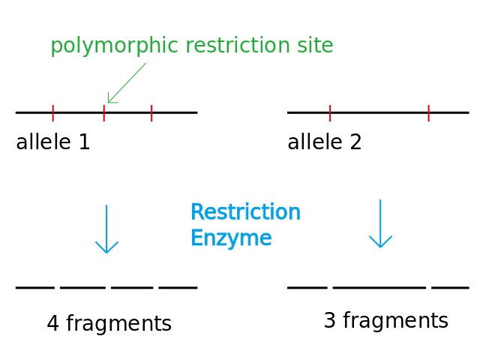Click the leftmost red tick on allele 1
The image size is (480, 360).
[53, 112]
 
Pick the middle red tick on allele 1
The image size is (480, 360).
[104, 112]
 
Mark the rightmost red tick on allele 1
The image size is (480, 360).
[151, 112]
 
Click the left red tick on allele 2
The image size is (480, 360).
[330, 112]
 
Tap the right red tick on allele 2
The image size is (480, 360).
[428, 112]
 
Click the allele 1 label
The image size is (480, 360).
[53, 142]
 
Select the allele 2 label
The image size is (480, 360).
[325, 142]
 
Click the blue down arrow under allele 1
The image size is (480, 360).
[106, 229]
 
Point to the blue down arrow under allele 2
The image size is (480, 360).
[381, 223]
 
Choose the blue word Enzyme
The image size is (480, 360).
[231, 238]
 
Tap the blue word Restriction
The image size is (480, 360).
[245, 213]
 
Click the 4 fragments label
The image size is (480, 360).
[109, 324]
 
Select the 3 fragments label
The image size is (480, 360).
[385, 321]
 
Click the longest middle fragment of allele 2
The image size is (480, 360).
[379, 287]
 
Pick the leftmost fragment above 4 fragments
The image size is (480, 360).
[35, 287]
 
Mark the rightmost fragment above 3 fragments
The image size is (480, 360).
[450, 287]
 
